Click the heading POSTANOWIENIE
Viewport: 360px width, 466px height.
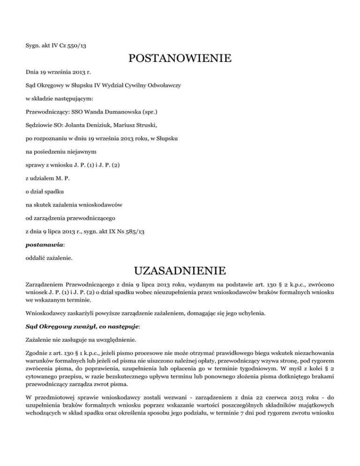[180, 59]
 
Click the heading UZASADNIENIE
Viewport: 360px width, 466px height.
[180, 271]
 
